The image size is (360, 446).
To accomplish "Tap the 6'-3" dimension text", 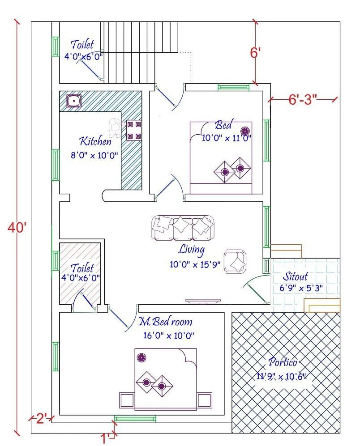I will [302, 99].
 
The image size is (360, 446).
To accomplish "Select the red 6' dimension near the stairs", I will [255, 53].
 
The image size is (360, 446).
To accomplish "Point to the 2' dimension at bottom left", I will [41, 419].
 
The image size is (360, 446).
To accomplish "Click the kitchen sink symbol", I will [73, 101].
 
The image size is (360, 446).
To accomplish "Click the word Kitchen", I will [95, 142].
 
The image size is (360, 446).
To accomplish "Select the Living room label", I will [191, 249].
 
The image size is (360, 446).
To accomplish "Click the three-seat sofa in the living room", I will [183, 227].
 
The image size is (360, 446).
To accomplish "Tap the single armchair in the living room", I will [236, 261].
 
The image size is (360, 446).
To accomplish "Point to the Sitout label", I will [295, 276].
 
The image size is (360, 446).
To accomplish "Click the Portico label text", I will [283, 361].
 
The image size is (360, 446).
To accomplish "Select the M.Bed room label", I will [165, 321].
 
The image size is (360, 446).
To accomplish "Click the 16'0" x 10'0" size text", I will [169, 335].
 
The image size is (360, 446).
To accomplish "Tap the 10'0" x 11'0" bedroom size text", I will [226, 138].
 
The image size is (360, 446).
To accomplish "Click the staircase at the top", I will [141, 51].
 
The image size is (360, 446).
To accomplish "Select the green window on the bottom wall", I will [135, 419].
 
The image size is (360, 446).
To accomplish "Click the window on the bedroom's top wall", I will [233, 87].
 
